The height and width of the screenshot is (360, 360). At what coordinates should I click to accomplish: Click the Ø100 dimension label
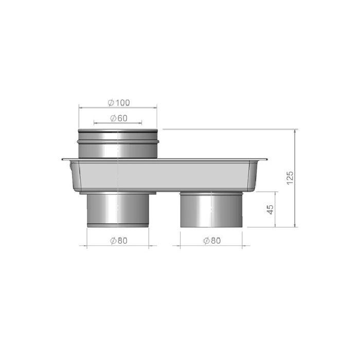[119, 103]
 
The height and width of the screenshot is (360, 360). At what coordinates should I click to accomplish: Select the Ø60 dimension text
[119, 118]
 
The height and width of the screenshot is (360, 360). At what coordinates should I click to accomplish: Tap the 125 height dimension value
[290, 177]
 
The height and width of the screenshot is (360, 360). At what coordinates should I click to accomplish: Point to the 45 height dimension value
[270, 209]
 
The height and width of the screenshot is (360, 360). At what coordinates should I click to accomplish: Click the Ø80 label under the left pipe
[119, 241]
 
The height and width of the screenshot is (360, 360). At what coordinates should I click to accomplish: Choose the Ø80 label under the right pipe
[212, 241]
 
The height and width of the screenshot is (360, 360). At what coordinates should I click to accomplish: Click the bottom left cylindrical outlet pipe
[118, 210]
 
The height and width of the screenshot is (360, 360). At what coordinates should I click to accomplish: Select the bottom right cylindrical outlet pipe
[211, 210]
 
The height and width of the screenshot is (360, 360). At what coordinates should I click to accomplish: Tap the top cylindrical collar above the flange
[118, 143]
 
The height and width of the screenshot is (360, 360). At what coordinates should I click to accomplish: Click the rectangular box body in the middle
[165, 176]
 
